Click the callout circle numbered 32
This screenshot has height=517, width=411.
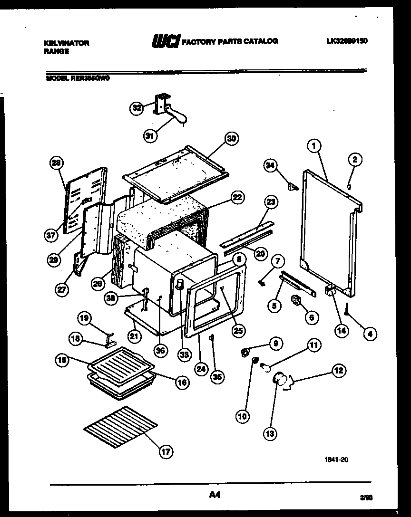137,108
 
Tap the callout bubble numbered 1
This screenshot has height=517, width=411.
313,147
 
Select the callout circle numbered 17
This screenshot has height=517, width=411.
165,452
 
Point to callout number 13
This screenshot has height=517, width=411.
271,433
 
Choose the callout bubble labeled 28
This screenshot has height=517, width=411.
57,163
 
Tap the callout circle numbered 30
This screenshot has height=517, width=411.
232,139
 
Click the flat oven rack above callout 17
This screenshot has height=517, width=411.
121,427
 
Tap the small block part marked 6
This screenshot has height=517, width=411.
296,300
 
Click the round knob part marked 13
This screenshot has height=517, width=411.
280,380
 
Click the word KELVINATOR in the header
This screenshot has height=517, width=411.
66,43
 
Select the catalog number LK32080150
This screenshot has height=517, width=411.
347,41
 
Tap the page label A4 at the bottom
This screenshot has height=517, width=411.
215,495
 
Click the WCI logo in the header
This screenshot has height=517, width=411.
165,42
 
